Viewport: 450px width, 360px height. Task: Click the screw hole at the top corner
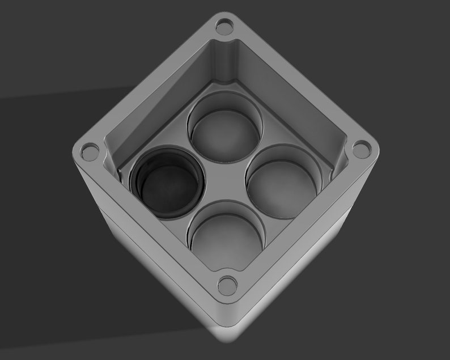pyautogui.click(x=224, y=26)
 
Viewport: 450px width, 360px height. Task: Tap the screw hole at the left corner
pyautogui.click(x=90, y=151)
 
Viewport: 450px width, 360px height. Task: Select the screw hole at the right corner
pyautogui.click(x=361, y=150)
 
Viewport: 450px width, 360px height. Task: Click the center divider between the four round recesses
pyautogui.click(x=225, y=183)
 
